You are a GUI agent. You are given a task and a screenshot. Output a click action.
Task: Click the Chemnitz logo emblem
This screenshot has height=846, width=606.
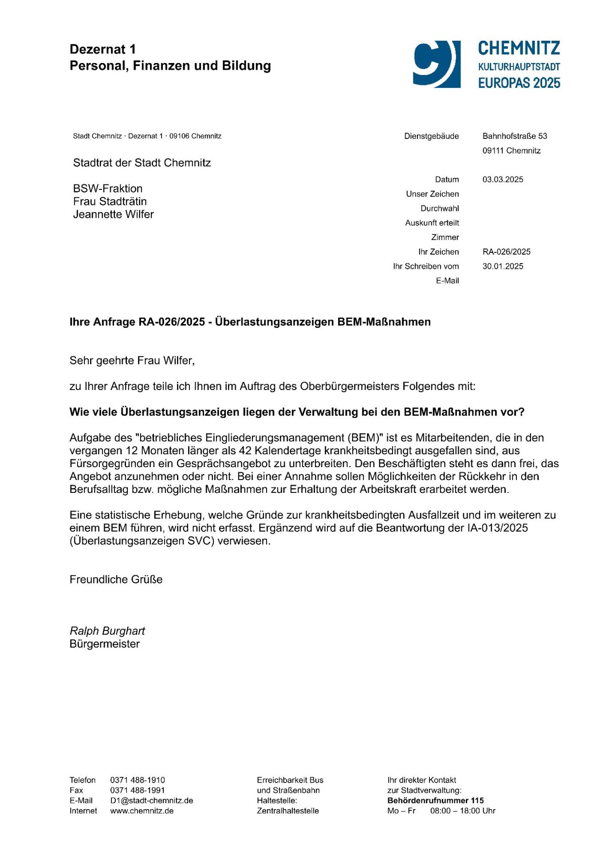click(x=437, y=64)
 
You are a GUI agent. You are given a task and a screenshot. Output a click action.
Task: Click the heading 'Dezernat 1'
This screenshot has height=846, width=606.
click(x=102, y=49)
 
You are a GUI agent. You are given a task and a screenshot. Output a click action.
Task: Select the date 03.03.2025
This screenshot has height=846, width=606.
click(x=503, y=180)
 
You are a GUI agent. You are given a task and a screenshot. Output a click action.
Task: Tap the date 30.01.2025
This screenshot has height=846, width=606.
click(x=503, y=267)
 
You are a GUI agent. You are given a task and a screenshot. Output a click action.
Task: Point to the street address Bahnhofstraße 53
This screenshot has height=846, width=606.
click(x=515, y=136)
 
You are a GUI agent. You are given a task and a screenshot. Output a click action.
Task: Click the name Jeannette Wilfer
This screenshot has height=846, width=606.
click(x=113, y=214)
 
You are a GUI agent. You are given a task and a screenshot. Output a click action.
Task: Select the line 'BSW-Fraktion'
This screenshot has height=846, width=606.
click(x=108, y=189)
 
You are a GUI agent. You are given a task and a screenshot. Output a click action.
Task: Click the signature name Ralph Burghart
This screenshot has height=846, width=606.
click(x=107, y=631)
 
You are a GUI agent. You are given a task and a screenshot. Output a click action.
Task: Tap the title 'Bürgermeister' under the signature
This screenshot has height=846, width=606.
click(x=104, y=644)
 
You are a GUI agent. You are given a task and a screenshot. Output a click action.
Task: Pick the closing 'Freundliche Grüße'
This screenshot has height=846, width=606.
click(x=116, y=579)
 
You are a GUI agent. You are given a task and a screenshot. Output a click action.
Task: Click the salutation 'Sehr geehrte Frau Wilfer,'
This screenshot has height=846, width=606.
click(x=132, y=361)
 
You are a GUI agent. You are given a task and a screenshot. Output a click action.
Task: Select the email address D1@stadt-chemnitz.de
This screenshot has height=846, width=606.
click(x=151, y=800)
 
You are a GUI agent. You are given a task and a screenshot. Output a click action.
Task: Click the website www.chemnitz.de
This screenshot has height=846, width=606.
click(x=142, y=811)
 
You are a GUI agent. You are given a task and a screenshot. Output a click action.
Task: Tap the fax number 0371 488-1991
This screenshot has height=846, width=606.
click(x=137, y=790)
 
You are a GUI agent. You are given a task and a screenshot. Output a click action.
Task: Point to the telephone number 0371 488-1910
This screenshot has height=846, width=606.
click(x=137, y=780)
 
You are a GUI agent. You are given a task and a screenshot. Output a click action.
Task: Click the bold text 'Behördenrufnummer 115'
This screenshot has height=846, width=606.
click(x=435, y=800)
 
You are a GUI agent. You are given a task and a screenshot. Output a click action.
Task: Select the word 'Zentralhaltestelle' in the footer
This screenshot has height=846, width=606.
click(x=287, y=811)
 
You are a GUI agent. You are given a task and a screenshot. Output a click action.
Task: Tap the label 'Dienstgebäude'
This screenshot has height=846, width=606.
click(x=431, y=136)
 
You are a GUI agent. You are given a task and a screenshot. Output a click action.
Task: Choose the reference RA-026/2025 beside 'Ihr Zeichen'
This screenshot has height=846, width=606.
click(x=506, y=252)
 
